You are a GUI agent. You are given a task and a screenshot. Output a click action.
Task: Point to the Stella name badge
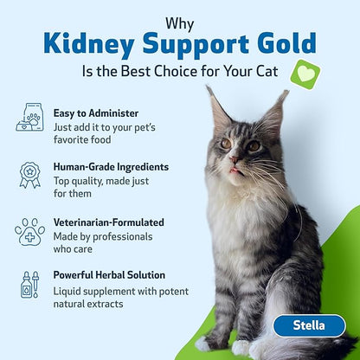click(309, 326)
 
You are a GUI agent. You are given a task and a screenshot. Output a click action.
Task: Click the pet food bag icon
click(29, 118)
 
